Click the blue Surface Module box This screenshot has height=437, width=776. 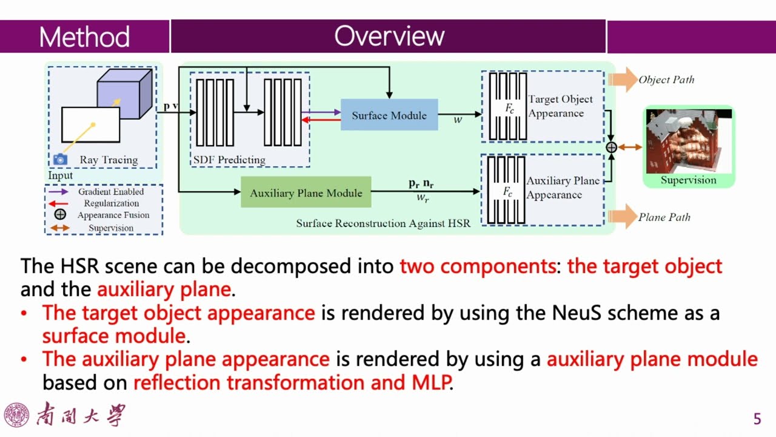point(389,115)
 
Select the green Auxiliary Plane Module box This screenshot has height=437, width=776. point(306,193)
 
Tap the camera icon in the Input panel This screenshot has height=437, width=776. point(59,160)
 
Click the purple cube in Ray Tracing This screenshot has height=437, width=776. point(124,95)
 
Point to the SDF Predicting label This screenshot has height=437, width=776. point(229,160)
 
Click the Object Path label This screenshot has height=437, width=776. point(666,80)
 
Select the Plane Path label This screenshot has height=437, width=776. point(664,217)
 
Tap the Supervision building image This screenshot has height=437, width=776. point(688,141)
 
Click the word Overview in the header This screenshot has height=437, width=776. point(389,36)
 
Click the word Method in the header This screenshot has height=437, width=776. point(84,37)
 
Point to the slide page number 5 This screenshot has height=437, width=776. point(757,419)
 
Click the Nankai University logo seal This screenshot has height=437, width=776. point(16,415)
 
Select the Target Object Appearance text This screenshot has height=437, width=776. point(560,106)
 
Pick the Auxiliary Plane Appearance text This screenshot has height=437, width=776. point(563,188)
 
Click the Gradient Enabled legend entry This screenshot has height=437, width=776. point(111,192)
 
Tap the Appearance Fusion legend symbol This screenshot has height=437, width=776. point(60,215)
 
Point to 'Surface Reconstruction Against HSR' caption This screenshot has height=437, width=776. point(383,223)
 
